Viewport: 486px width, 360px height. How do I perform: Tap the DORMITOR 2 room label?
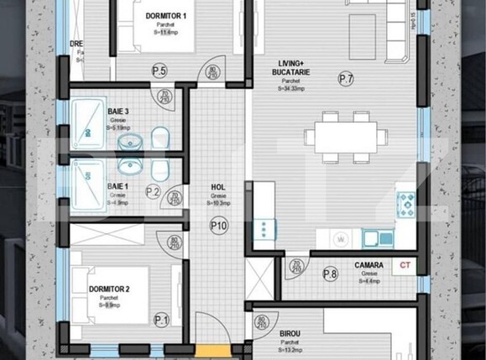pos(108,290)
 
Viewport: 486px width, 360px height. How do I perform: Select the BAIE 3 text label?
pos(118,109)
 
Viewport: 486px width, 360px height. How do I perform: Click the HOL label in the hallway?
pos(218,188)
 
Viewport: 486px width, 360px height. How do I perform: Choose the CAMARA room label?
pos(368,265)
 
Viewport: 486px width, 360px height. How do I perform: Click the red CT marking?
pos(405,265)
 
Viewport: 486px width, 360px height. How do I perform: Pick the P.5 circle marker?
pos(159,70)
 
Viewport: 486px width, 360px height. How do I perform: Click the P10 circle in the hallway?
pos(219,225)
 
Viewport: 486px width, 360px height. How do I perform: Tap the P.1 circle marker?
pos(161,319)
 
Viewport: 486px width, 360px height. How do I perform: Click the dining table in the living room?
pos(346,136)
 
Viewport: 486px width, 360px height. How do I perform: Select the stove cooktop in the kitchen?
pos(406,201)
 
